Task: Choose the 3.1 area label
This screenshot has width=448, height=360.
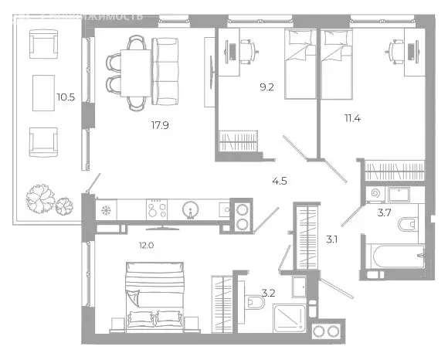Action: pos(333,239)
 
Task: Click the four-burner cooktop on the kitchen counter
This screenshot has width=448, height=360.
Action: pos(157,209)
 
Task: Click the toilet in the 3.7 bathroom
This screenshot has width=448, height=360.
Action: pos(404,226)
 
